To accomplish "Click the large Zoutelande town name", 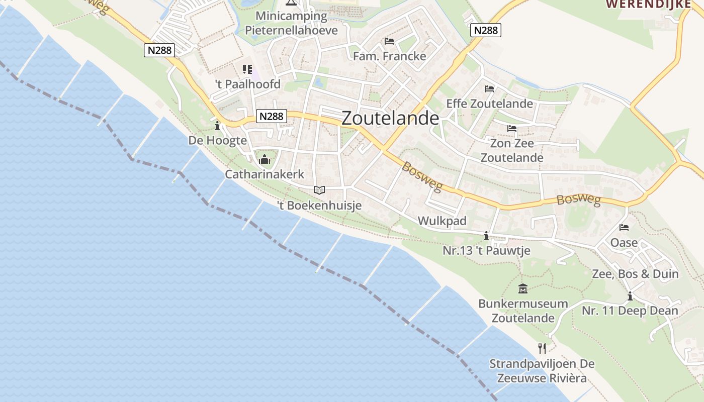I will (x=390, y=118).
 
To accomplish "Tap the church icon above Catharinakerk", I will (x=265, y=160).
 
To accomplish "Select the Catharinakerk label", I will (x=265, y=174).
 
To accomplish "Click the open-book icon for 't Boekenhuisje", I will (x=319, y=190).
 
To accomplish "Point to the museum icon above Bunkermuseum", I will (x=523, y=289).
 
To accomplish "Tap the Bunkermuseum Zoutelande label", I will (x=523, y=311).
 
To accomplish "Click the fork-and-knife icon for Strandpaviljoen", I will (x=542, y=348).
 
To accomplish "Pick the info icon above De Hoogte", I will (x=217, y=125).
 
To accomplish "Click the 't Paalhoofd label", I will (x=247, y=84).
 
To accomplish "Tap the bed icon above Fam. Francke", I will (x=389, y=41).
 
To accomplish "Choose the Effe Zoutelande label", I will (x=490, y=104).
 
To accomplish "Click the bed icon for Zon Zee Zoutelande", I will (x=512, y=129).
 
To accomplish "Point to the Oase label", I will (x=624, y=243).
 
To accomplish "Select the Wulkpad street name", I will (x=442, y=221).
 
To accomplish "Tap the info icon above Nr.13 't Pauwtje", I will (x=486, y=236).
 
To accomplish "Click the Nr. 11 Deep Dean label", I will (x=630, y=311).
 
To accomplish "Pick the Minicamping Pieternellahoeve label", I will (x=291, y=23).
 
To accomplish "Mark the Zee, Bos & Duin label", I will (x=635, y=274).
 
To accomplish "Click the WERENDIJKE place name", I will (x=648, y=4).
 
